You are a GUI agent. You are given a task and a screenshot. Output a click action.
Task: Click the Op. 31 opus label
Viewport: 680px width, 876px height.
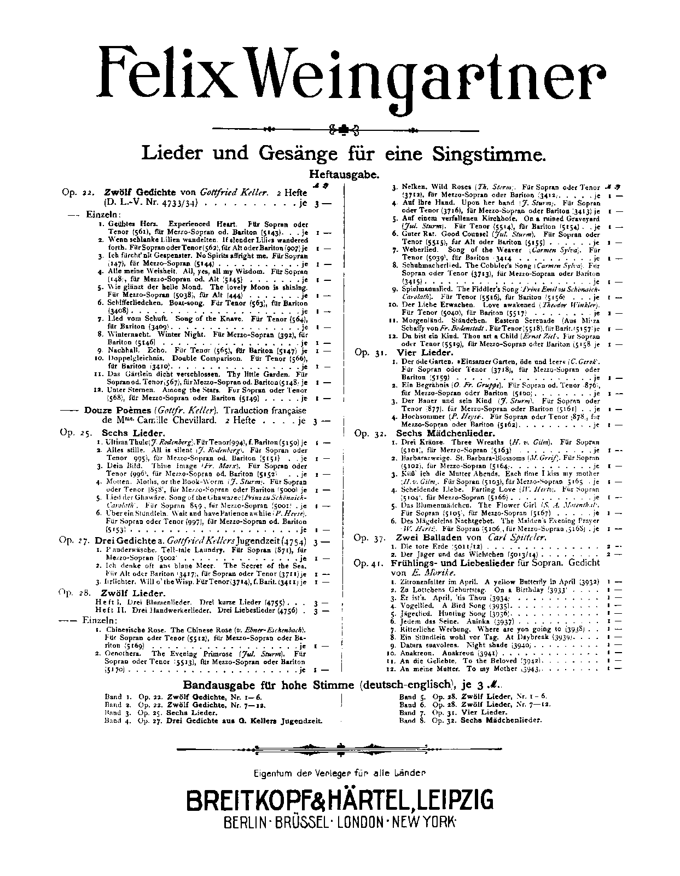pyautogui.click(x=369, y=353)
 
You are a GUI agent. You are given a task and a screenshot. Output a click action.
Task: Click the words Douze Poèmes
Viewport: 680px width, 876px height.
pyautogui.click(x=118, y=411)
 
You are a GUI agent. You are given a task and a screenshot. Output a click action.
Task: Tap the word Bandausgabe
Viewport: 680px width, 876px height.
pyautogui.click(x=216, y=685)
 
